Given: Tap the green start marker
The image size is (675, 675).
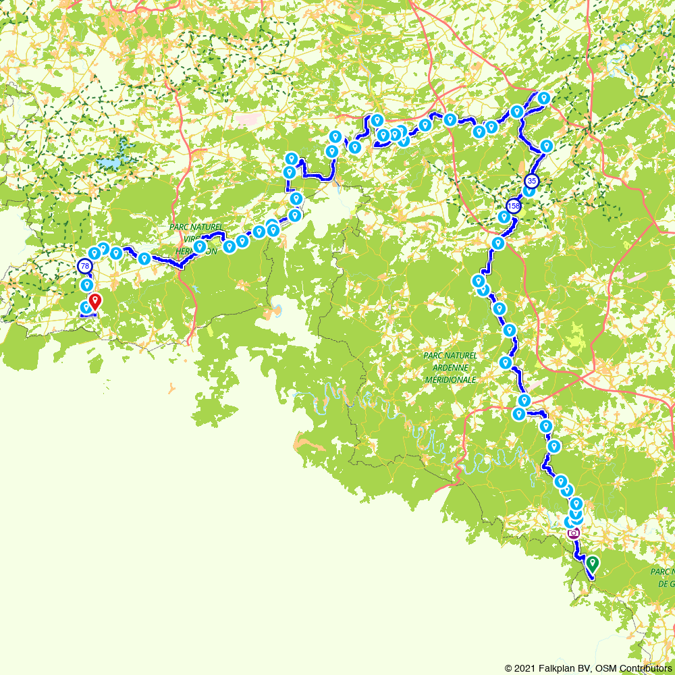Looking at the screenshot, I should click(593, 562).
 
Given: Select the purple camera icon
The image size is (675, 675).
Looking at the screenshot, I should click(574, 533).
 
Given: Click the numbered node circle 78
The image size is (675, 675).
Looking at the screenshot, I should click(85, 266).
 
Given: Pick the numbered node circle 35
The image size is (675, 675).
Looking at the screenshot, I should click(532, 181).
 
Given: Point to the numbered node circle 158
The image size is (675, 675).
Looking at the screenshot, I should click(514, 206).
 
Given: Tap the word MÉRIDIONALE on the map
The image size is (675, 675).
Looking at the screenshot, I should click(451, 379).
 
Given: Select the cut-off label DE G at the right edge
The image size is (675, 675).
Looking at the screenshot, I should click(667, 583).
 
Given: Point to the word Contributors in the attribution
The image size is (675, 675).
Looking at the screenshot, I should click(644, 668).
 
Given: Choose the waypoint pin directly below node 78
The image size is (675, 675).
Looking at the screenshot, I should click(86, 285).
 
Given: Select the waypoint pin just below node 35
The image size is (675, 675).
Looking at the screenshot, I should click(529, 190).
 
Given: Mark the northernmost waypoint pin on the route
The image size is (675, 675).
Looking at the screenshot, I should click(543, 98).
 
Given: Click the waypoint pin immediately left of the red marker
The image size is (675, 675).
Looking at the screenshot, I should click(86, 307).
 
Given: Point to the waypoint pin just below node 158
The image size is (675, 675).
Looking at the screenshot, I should click(504, 216).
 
